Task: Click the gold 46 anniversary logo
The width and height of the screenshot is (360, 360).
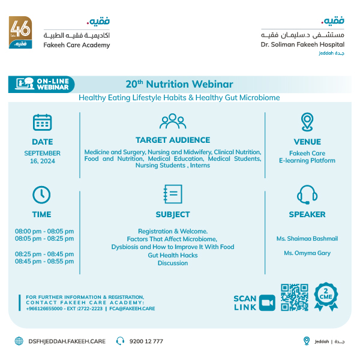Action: [20, 34]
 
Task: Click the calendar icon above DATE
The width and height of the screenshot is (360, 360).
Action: [42, 122]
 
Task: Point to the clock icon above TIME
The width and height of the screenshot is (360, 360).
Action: [41, 194]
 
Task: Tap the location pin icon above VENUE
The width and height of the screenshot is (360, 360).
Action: [307, 122]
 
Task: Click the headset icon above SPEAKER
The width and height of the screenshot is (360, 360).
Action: [307, 194]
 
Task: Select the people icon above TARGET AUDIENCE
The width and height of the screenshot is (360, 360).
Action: [173, 122]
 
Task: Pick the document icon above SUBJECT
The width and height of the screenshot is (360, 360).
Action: [173, 194]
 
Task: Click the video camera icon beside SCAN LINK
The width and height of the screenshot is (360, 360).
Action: [267, 303]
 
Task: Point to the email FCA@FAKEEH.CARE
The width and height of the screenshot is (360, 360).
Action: [133, 308]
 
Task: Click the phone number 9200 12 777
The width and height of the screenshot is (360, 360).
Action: [146, 341]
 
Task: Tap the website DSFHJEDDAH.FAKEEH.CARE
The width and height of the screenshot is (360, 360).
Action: [67, 341]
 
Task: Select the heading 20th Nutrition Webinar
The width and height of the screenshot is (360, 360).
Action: [179, 85]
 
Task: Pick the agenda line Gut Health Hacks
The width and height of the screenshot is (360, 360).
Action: [173, 255]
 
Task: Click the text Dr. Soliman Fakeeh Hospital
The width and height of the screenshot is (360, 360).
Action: [302, 44]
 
